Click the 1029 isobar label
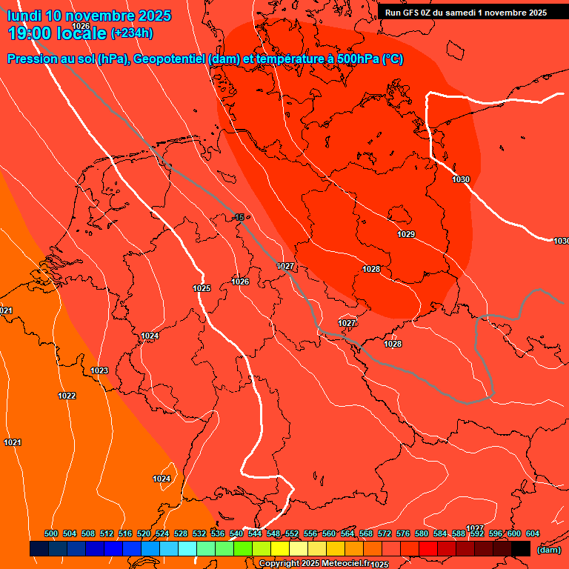point(406,235)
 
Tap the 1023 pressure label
point(99,370)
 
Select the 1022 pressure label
point(67,396)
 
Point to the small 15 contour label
point(239,217)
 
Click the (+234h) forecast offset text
point(132,33)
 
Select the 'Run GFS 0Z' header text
point(410,13)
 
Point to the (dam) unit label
point(548,550)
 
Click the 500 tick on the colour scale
point(51,533)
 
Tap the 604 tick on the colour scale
point(532,533)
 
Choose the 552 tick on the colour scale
point(292,533)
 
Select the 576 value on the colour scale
point(403,533)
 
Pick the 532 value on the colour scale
point(199,533)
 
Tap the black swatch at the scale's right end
point(521,549)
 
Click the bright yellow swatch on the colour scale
point(280,549)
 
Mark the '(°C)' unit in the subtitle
point(393,59)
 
